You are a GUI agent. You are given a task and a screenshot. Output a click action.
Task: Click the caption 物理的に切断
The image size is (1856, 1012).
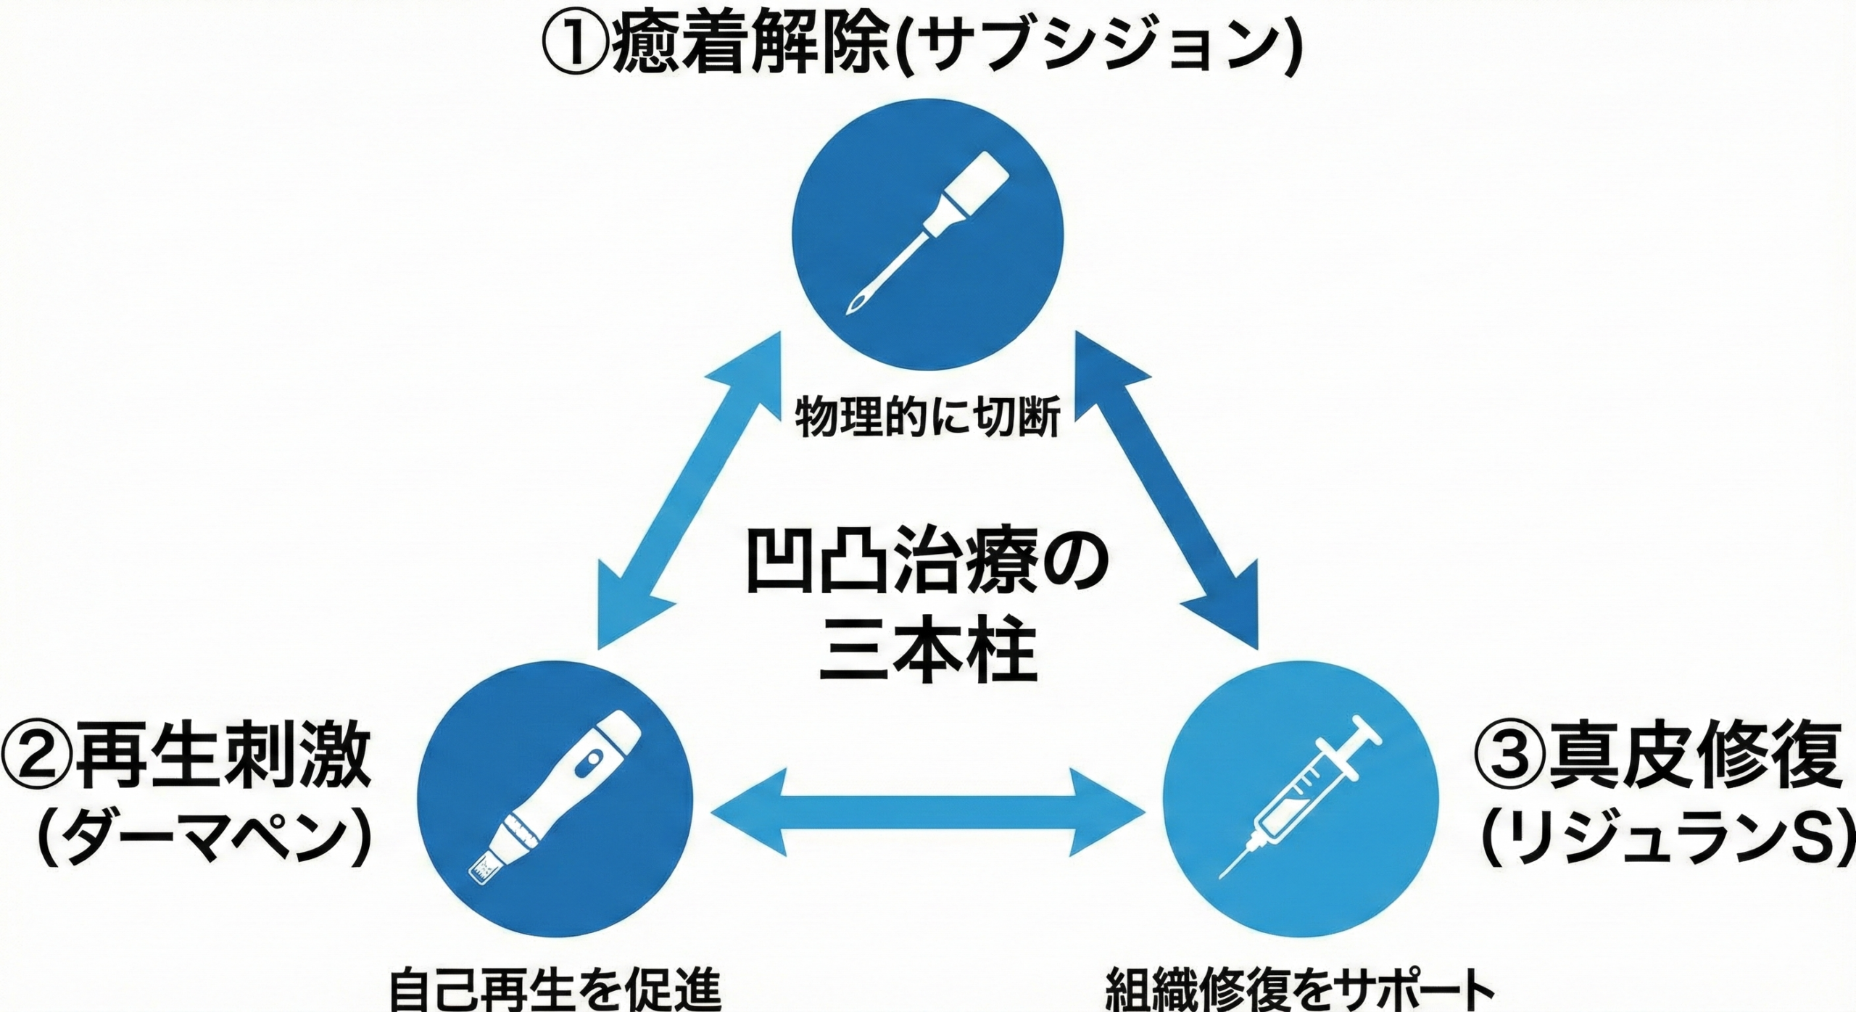coord(927,418)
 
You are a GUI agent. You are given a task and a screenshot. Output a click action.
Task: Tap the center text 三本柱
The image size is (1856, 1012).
coord(927,656)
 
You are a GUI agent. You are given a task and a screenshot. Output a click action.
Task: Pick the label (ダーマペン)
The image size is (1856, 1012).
coord(203,841)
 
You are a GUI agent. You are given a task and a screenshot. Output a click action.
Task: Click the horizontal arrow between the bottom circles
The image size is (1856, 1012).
coord(927,814)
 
